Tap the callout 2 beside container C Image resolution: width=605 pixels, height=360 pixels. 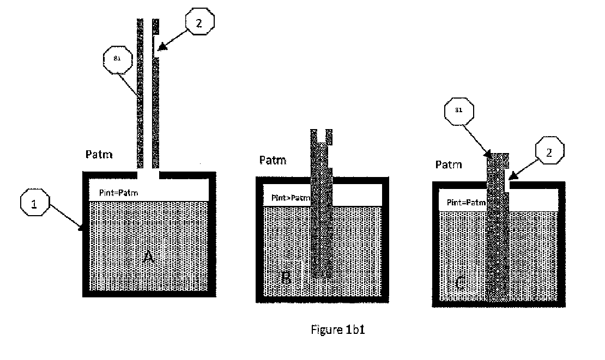coord(548,153)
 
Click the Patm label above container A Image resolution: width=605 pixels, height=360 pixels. coord(99,155)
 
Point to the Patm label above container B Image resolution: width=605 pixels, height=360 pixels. coord(273,160)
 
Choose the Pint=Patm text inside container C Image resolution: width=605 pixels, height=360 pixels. coord(466,203)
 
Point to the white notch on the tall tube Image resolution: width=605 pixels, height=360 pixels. coord(156,46)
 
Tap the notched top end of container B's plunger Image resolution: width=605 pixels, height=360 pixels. coord(322,134)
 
